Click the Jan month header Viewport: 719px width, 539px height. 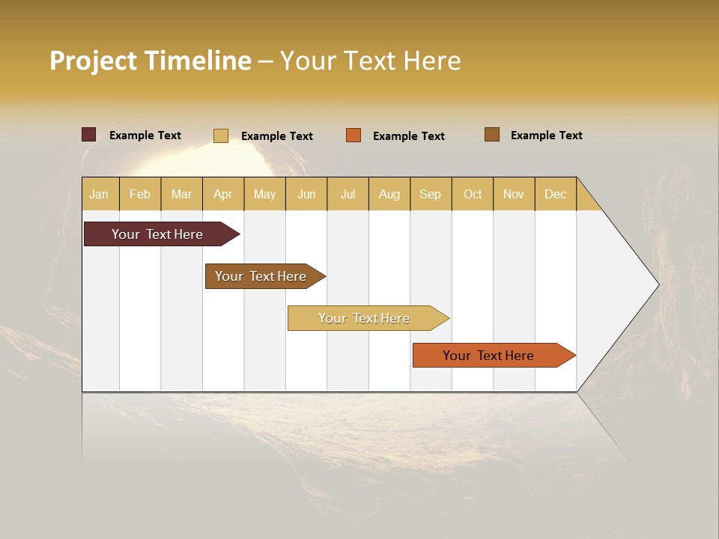click(100, 194)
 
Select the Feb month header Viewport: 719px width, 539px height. click(140, 194)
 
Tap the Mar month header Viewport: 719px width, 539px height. click(181, 194)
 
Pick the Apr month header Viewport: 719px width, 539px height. click(223, 194)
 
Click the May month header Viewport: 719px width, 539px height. click(264, 194)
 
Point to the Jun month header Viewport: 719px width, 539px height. click(306, 194)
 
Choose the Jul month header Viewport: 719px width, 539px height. click(348, 194)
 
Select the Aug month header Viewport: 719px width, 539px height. click(389, 194)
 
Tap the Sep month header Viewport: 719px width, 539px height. click(431, 194)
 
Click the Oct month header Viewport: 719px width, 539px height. click(473, 194)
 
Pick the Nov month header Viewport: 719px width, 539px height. click(514, 194)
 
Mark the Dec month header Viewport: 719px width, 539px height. click(556, 194)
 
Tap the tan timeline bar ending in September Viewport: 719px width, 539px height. click(365, 318)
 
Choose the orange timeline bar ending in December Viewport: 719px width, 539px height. click(491, 356)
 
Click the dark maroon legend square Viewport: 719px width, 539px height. click(89, 135)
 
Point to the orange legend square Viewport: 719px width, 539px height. click(354, 135)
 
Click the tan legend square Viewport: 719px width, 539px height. click(221, 135)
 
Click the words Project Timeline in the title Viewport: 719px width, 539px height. click(151, 61)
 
